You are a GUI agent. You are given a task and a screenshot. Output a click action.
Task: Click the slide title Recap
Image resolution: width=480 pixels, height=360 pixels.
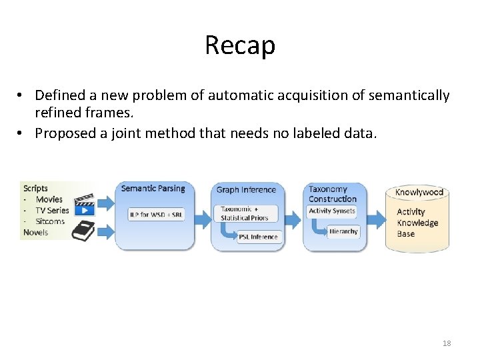point(240,45)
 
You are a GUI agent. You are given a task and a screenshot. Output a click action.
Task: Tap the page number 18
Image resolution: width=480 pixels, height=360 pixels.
point(447,343)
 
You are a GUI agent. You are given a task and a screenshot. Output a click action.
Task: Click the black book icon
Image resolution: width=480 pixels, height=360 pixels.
point(84,231)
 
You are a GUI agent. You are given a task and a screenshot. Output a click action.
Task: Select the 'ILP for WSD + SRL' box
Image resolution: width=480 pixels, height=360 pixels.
point(156,215)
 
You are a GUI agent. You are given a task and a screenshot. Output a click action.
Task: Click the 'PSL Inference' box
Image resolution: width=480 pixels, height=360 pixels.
point(259,237)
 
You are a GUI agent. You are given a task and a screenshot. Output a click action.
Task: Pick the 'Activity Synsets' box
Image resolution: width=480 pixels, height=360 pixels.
point(332,211)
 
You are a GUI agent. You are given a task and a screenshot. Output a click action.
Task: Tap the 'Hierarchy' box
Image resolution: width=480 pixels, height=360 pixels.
point(343,231)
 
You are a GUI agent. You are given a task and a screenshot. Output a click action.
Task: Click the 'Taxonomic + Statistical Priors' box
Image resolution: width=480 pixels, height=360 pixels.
point(244,213)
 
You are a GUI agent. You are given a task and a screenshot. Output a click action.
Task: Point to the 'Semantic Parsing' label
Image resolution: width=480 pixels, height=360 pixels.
point(153,189)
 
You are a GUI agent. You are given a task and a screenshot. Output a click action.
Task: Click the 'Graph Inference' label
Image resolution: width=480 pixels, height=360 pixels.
point(246,190)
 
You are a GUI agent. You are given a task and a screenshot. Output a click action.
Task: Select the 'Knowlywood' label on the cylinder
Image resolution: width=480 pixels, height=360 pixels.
point(419,192)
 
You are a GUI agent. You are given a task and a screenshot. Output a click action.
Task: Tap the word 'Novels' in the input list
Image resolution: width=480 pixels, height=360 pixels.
point(36,231)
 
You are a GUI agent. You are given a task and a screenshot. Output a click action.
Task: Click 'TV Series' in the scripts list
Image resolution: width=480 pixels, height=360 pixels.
point(52,210)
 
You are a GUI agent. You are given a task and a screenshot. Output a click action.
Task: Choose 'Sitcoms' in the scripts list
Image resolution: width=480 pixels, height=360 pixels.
point(50,221)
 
